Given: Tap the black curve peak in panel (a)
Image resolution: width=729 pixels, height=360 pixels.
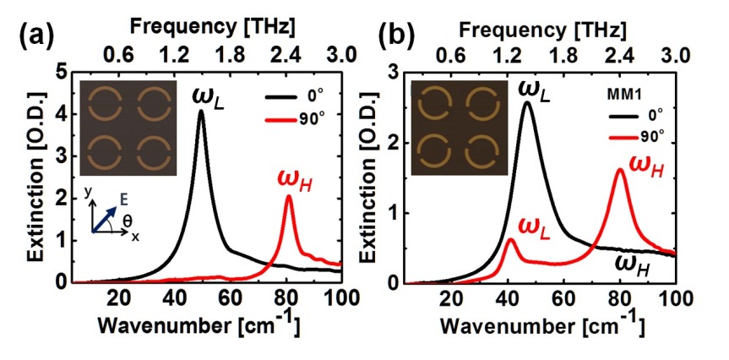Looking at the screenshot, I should pyautogui.click(x=201, y=112).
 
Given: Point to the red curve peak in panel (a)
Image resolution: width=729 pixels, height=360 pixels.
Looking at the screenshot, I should pyautogui.click(x=289, y=196).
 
